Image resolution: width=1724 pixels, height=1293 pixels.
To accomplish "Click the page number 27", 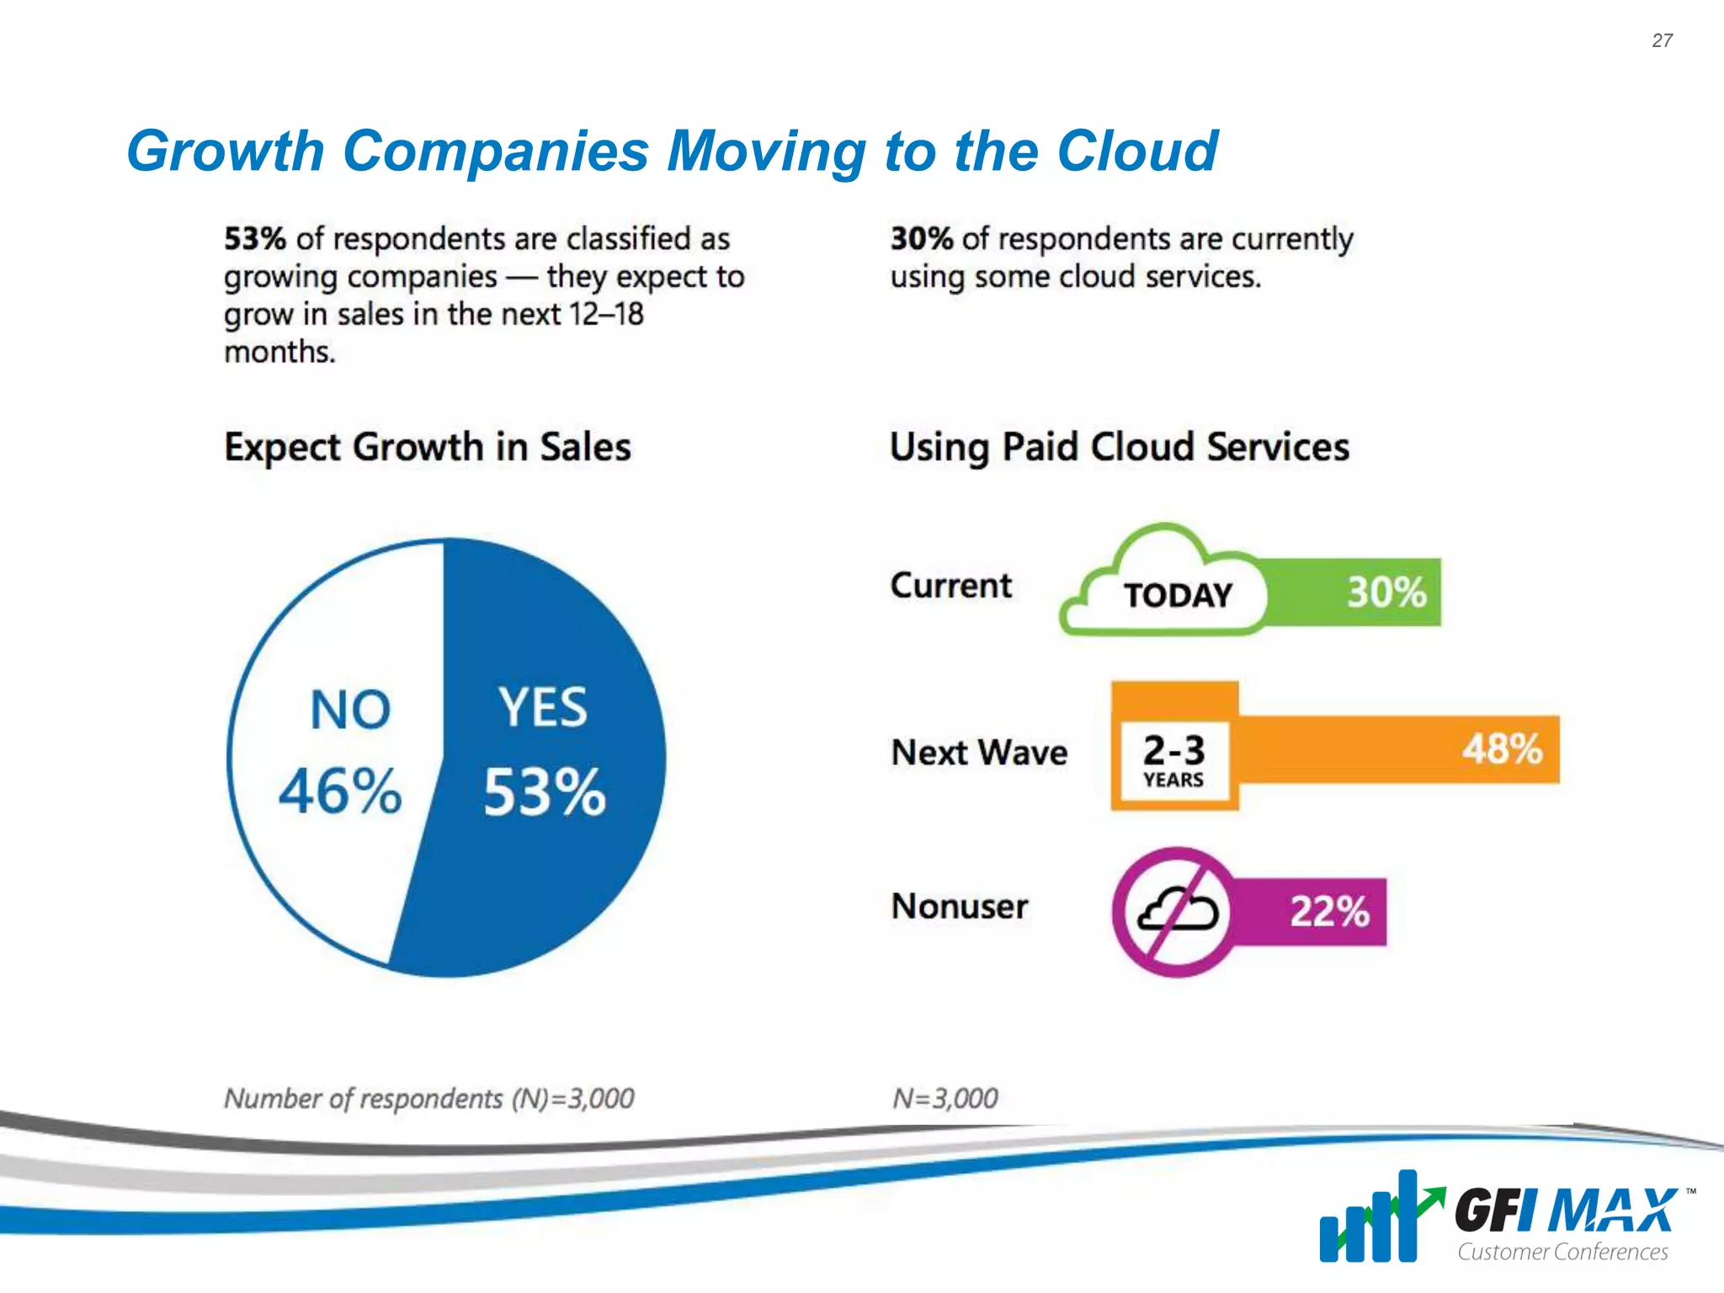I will pos(1662,40).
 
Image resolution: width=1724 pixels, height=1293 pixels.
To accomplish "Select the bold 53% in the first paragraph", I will pos(255,239).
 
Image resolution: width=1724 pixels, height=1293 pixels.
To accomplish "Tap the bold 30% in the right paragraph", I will pos(921,239).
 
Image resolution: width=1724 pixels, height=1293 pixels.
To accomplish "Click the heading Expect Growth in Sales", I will pos(428,447).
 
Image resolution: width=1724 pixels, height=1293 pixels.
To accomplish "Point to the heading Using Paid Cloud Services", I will pos(1119,447).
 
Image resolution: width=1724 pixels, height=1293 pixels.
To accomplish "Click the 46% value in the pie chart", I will pos(340,792).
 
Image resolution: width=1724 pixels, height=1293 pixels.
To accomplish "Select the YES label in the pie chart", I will pos(543,707).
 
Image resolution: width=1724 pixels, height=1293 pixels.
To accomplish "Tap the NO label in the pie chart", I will pos(350,710).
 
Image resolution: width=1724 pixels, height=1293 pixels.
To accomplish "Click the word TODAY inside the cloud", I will pos(1178,596).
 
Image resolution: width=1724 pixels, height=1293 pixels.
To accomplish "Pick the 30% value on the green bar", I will pos(1386,592).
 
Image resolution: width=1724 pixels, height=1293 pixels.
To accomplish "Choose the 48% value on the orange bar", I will pos(1502,748).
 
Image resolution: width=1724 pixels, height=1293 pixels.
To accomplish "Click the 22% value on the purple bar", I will pos(1330,912).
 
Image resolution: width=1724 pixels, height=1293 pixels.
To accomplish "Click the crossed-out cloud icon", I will pos(1178,912).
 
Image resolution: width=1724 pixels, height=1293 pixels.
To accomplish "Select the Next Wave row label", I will pos(979,753).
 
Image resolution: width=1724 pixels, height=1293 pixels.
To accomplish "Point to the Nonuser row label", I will pos(960,907).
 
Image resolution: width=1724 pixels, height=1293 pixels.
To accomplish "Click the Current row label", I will pos(951,586).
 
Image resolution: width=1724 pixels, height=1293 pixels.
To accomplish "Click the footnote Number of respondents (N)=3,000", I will pos(428,1099).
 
